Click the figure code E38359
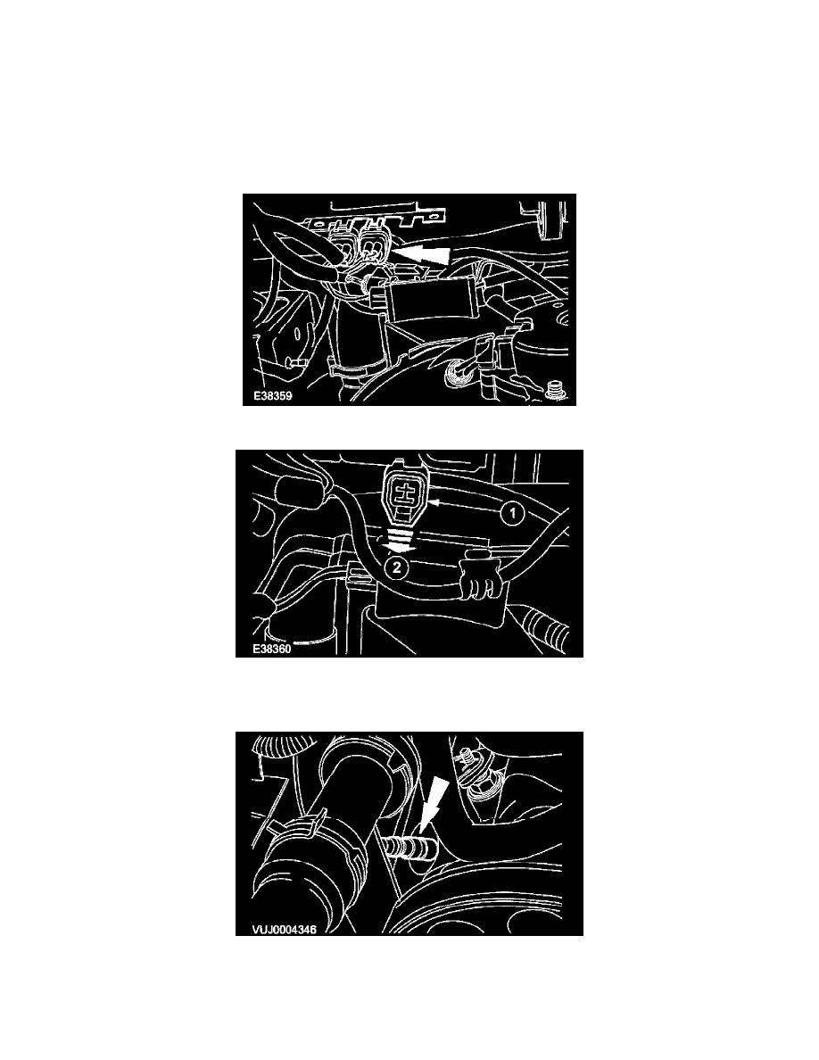tap(272, 395)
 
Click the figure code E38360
tap(271, 649)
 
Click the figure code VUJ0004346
tap(284, 929)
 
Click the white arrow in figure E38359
tap(422, 254)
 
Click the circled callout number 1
tap(513, 514)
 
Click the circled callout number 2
tap(397, 567)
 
